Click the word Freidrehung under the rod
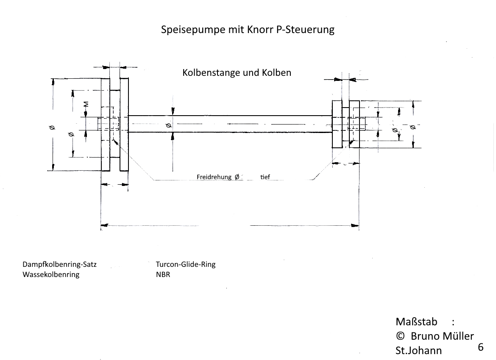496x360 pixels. [x=214, y=177]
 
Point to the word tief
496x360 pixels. [x=265, y=177]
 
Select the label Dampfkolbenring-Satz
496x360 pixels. [x=59, y=264]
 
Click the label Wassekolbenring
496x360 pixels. [x=51, y=274]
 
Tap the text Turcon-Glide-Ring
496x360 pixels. [x=186, y=264]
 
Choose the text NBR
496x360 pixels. [x=163, y=274]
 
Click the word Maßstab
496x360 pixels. [x=416, y=322]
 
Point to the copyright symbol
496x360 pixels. [x=400, y=336]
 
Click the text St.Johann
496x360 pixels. [x=418, y=351]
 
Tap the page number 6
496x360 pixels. [x=480, y=347]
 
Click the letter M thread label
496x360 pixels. [x=86, y=104]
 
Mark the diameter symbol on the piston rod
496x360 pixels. [x=169, y=125]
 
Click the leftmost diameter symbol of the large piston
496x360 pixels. [x=52, y=127]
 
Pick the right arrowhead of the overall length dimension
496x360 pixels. [x=355, y=225]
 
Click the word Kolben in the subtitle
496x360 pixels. [x=276, y=73]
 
